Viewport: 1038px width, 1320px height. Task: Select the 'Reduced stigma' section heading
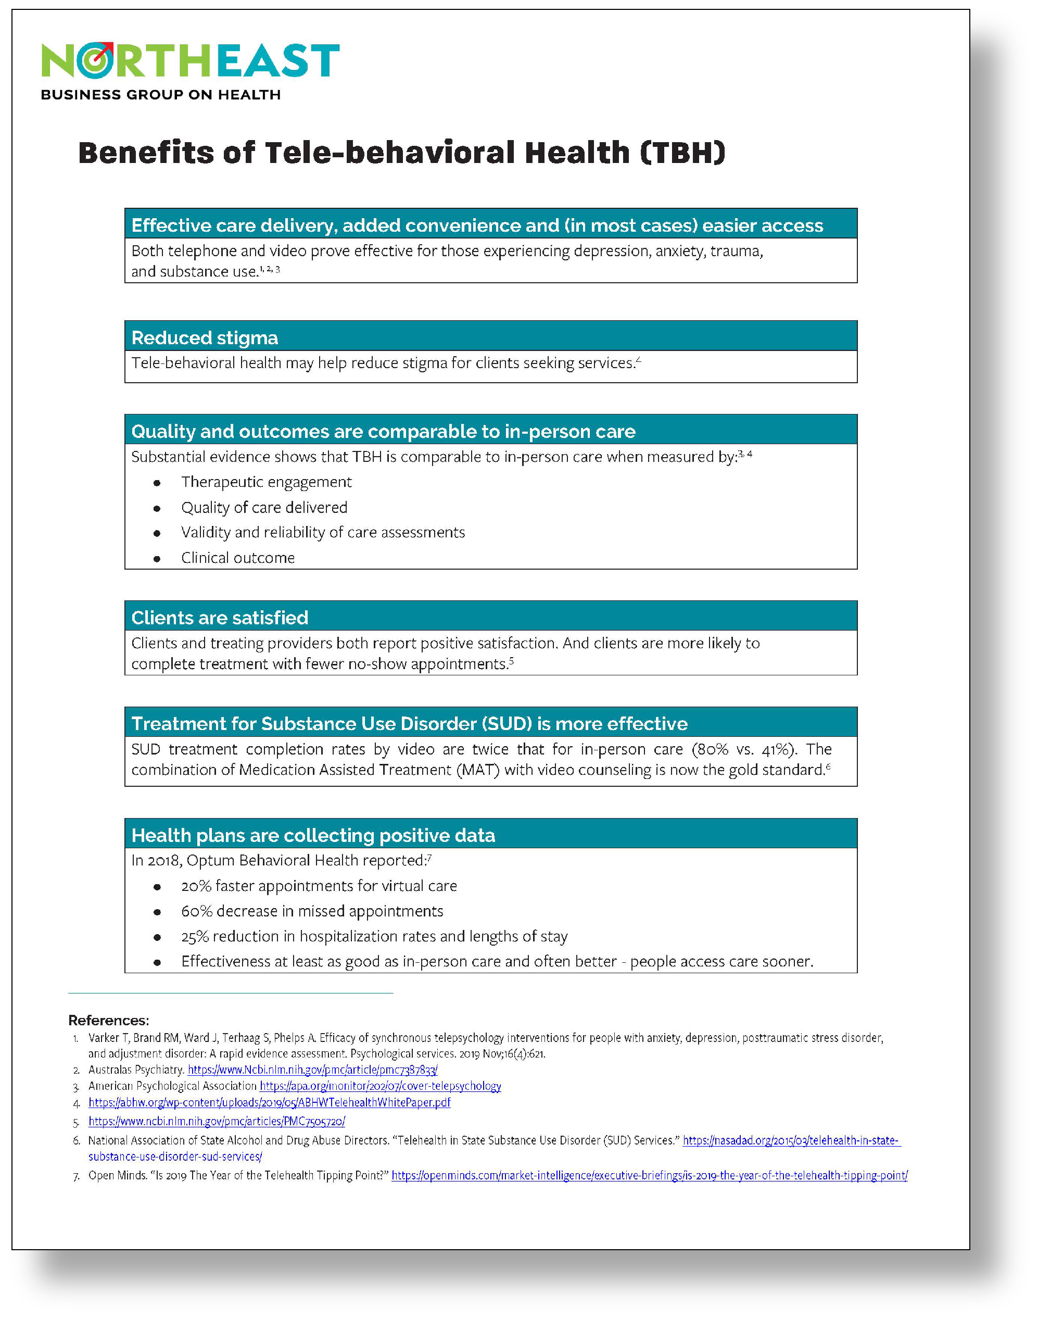(x=204, y=337)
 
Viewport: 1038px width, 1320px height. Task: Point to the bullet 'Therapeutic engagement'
(x=266, y=482)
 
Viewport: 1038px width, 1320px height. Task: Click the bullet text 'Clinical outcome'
(x=237, y=558)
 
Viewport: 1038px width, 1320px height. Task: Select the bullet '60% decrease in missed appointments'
(x=312, y=911)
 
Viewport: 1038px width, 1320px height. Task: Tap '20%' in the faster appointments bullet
(x=195, y=886)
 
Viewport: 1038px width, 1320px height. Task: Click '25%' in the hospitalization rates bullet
(x=195, y=937)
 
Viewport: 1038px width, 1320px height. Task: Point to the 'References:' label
(x=108, y=1021)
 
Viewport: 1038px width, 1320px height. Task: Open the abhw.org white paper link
(x=269, y=1102)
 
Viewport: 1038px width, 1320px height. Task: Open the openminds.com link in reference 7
(x=649, y=1175)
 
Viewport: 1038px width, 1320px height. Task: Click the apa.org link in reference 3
(x=380, y=1086)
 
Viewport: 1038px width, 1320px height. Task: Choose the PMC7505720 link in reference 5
(x=217, y=1121)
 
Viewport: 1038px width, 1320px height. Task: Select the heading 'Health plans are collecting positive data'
(x=313, y=836)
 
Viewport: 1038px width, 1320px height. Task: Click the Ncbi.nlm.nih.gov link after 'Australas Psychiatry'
(x=312, y=1070)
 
